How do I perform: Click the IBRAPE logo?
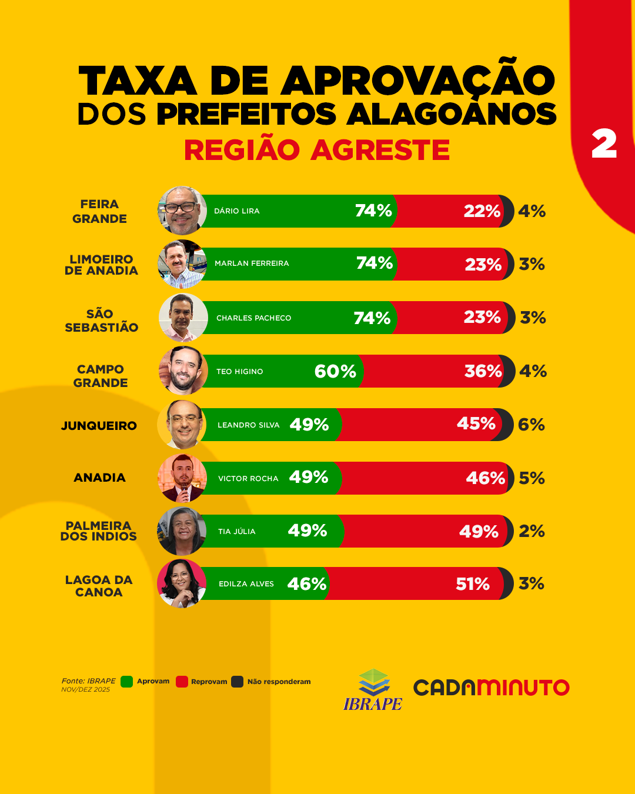coord(373,689)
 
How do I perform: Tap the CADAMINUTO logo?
coord(491,687)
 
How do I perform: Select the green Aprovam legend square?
coord(126,682)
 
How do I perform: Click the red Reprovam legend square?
coord(182,682)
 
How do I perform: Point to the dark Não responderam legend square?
coord(237,682)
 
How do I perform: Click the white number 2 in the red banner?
coord(604,145)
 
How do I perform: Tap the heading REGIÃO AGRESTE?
coord(317,150)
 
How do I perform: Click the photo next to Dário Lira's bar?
coord(182,211)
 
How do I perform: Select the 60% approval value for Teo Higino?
coord(335,371)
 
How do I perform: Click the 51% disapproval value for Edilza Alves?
coord(473,584)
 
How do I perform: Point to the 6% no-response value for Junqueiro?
coord(532,425)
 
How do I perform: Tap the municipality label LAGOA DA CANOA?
coord(99,586)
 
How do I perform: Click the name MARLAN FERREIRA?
coord(252,263)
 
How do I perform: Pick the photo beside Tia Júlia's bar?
coord(182,531)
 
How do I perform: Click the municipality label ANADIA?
coord(99,478)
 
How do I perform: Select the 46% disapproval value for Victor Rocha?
coord(486,478)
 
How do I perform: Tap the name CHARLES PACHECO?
coord(253,318)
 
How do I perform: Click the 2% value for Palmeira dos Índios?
coord(532,531)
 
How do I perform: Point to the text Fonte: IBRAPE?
coord(89,680)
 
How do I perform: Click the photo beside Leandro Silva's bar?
coord(182,425)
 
